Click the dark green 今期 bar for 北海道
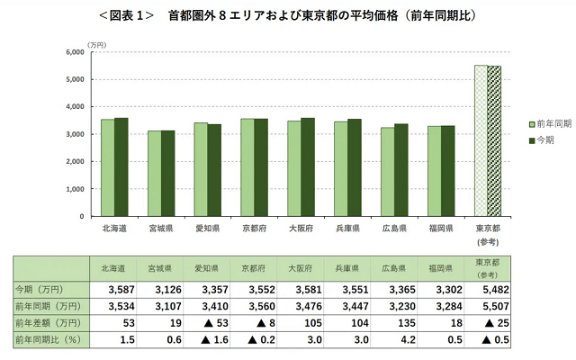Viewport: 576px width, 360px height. click(x=121, y=167)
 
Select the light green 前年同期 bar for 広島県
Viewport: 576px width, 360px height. click(x=388, y=172)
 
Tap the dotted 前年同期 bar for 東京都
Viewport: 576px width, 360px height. click(x=481, y=140)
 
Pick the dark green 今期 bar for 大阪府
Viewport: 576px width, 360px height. click(x=308, y=167)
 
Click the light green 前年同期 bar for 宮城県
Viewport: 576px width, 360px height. click(x=154, y=174)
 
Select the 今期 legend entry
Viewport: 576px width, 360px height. click(x=539, y=139)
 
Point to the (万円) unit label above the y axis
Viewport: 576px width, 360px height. click(x=97, y=42)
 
